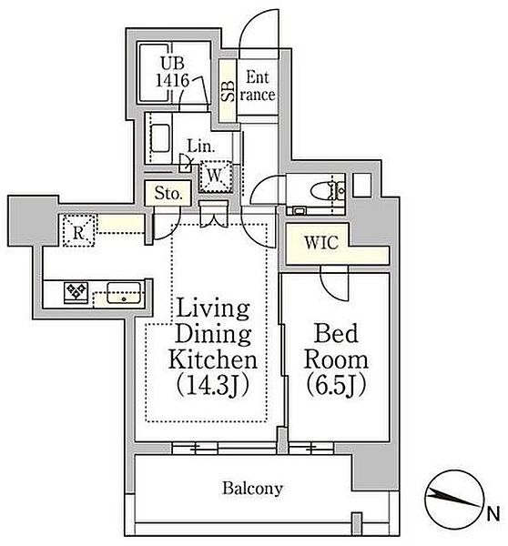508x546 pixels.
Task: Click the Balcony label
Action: [x=252, y=488]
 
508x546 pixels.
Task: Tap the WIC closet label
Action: [x=321, y=243]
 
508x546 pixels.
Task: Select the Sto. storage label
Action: [x=168, y=193]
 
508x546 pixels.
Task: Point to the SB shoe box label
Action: [x=228, y=91]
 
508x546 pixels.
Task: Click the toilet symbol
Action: [x=327, y=191]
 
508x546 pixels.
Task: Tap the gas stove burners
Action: [x=76, y=292]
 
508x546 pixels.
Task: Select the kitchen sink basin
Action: [x=124, y=292]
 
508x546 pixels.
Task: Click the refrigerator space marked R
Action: [x=78, y=231]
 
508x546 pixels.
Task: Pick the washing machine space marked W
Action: [x=215, y=176]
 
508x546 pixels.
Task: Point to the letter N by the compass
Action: [x=493, y=514]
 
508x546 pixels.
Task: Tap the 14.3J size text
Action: [x=212, y=385]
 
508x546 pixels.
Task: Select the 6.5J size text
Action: [x=336, y=384]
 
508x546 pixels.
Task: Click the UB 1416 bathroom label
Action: [x=172, y=72]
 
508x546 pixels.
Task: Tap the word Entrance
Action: [x=258, y=86]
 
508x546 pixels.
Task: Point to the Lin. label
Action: [x=201, y=147]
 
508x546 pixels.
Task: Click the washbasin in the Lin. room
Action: [x=160, y=138]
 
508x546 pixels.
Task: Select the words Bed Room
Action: [x=336, y=347]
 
